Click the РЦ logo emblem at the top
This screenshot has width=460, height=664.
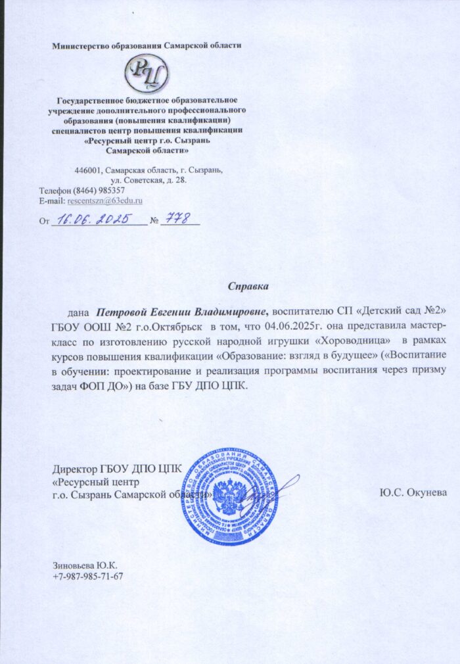(148, 74)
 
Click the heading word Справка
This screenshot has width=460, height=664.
(248, 287)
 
